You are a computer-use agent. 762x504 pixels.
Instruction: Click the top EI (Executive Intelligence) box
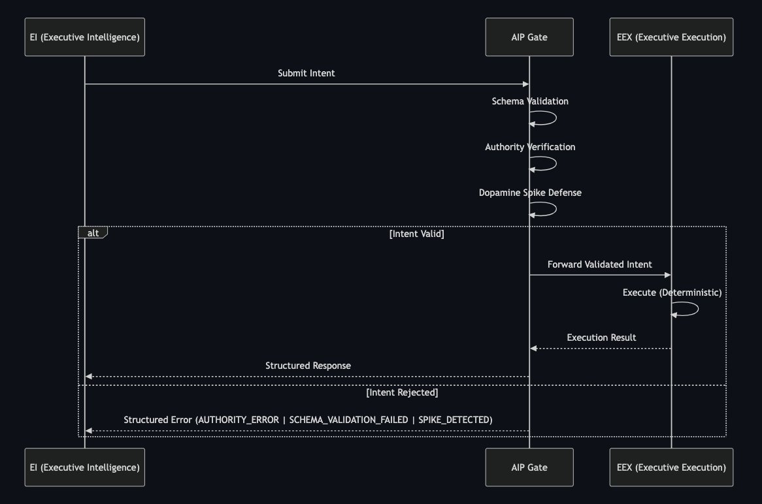(x=84, y=37)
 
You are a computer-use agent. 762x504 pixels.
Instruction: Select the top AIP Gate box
(x=529, y=37)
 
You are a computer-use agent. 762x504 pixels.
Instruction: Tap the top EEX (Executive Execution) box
(x=671, y=37)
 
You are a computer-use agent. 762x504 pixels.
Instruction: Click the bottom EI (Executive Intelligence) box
(x=84, y=467)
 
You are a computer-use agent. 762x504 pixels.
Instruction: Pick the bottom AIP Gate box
(x=529, y=467)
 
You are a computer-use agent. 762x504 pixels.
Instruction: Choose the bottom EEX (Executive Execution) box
(x=671, y=467)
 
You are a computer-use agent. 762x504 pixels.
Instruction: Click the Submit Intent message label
(x=306, y=73)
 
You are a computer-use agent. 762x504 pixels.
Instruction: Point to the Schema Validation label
(x=530, y=101)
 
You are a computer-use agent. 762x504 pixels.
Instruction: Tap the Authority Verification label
(x=530, y=147)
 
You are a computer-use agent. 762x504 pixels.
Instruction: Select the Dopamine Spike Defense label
(x=530, y=193)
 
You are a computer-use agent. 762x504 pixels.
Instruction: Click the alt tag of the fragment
(x=93, y=232)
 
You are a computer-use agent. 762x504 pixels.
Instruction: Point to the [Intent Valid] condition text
(x=416, y=234)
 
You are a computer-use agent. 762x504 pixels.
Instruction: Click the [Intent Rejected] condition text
(x=402, y=392)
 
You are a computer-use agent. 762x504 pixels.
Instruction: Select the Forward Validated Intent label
(x=600, y=264)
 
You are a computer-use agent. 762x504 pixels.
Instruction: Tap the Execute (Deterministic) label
(x=672, y=292)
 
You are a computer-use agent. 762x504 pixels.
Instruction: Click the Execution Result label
(x=601, y=338)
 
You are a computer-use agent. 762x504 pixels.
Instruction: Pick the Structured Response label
(x=308, y=366)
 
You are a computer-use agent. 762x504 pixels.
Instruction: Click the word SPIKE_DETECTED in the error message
(x=456, y=420)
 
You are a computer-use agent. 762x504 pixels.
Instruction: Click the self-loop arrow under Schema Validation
(x=556, y=118)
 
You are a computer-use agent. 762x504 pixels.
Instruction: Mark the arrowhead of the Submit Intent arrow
(x=526, y=84)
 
